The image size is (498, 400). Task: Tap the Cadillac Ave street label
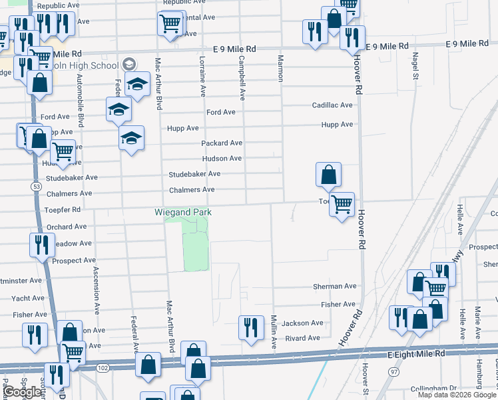[332, 105]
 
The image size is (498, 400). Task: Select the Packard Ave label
[222, 143]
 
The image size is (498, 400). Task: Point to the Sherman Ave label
[335, 287]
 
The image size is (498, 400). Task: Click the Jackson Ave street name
[302, 323]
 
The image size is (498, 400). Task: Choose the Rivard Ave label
[302, 338]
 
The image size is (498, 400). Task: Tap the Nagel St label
[415, 67]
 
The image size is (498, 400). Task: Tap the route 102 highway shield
[102, 368]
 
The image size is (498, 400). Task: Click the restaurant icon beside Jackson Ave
[251, 327]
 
